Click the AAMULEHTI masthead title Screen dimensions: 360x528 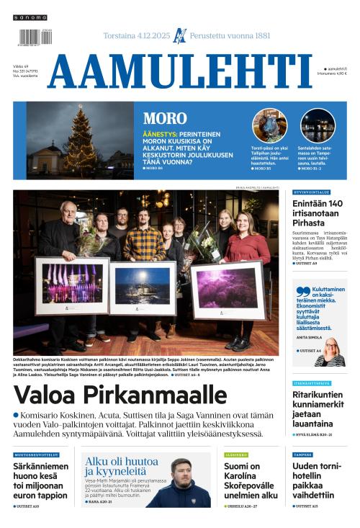click(x=179, y=71)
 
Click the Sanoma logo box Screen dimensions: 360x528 click(x=30, y=17)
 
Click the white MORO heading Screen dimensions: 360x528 click(x=165, y=119)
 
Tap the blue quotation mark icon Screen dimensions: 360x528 click(x=302, y=290)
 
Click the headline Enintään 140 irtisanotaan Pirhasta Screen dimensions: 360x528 click(x=318, y=214)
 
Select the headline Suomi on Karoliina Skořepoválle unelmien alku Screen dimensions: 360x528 click(x=250, y=480)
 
